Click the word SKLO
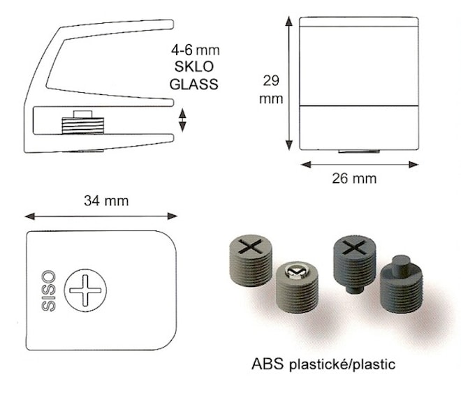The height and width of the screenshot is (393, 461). [194, 67]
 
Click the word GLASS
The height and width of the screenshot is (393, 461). [193, 84]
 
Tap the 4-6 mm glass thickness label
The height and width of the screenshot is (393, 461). [195, 50]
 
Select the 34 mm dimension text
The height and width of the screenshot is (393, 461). [106, 201]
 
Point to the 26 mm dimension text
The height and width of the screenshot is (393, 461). [354, 178]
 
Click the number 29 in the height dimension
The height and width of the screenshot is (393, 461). [271, 80]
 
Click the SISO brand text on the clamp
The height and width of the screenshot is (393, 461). [48, 291]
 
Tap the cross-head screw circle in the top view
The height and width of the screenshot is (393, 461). [85, 290]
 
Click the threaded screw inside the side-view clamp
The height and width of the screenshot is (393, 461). [82, 126]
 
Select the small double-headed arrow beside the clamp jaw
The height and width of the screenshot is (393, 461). [182, 120]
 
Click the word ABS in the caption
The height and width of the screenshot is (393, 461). [268, 364]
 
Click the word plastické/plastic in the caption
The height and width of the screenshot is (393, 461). [342, 364]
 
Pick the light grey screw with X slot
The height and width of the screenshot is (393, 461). [251, 260]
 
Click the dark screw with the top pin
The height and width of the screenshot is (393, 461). [402, 284]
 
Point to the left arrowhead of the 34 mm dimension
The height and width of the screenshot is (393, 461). [30, 217]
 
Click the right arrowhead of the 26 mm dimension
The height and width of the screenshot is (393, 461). [414, 165]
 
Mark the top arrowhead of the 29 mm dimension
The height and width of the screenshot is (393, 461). [289, 22]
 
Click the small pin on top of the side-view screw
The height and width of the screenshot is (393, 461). [82, 114]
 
